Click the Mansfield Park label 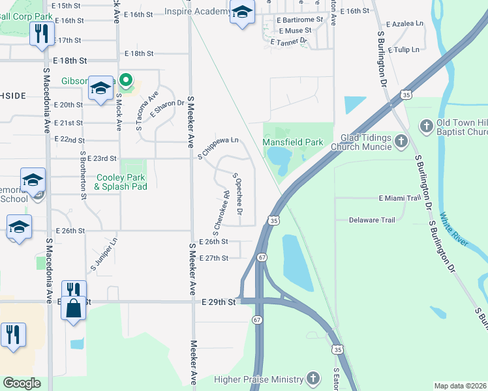point(293,142)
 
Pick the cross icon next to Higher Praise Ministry point(313,379)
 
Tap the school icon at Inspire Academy point(242,13)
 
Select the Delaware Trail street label point(372,220)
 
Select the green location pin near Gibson point(126,81)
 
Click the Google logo point(22,383)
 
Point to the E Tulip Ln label point(404,50)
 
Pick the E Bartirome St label point(300,20)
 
